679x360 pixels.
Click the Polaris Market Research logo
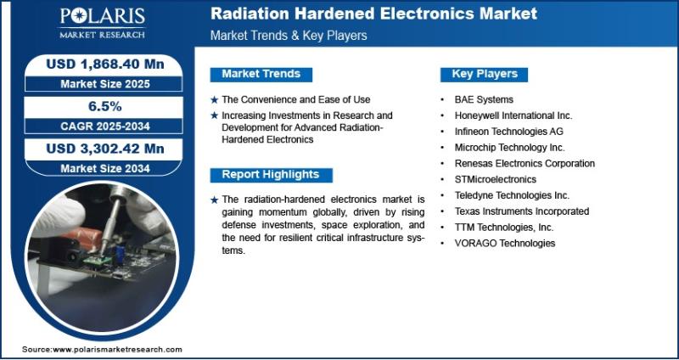[102, 23]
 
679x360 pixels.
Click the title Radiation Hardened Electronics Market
[373, 14]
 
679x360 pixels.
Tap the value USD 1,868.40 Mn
[105, 65]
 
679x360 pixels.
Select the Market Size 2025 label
[105, 84]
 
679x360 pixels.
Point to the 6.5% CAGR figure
[105, 107]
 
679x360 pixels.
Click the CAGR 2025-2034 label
[105, 126]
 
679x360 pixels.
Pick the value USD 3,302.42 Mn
[105, 149]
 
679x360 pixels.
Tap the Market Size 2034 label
[105, 168]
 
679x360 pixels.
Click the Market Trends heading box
[261, 74]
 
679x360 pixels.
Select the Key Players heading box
[484, 74]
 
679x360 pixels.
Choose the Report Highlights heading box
[271, 175]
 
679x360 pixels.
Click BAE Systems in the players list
[484, 99]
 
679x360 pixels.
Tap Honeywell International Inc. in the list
[513, 115]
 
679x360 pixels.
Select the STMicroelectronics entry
[496, 179]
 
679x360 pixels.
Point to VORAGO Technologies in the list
[504, 243]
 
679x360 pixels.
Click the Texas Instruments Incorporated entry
[522, 211]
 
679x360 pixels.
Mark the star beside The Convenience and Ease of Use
[215, 100]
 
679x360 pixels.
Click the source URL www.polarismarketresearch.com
[117, 350]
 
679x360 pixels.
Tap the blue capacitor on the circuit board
[120, 255]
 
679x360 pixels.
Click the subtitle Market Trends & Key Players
[289, 36]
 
